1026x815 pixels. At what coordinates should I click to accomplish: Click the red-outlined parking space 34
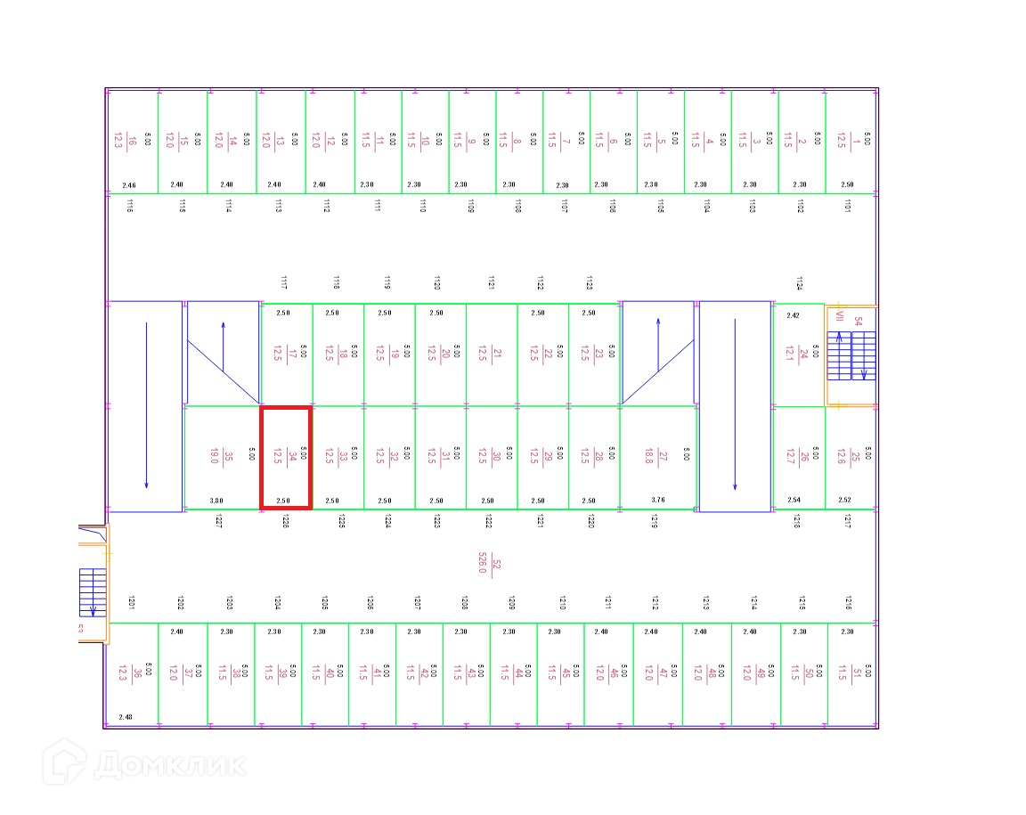pos(285,458)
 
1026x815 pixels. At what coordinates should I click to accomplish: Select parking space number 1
pos(851,141)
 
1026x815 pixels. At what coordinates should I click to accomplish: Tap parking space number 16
pos(132,141)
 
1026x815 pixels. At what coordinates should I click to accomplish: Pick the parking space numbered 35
pos(222,458)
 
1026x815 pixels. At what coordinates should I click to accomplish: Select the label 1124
pos(799,283)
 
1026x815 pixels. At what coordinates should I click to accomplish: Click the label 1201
pos(131,602)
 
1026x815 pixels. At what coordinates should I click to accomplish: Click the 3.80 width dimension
pos(216,501)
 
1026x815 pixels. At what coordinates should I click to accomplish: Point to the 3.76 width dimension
pos(658,501)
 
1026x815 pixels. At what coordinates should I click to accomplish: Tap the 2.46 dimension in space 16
pos(129,185)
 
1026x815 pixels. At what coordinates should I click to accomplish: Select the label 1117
pos(284,283)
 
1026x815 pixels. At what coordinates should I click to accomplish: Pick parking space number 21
pos(492,355)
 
